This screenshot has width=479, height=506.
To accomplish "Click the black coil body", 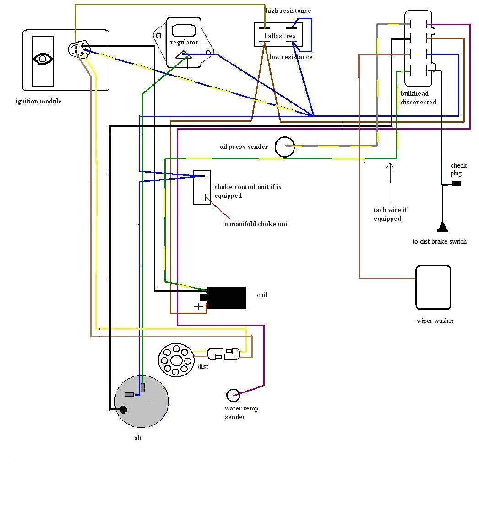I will (226, 298).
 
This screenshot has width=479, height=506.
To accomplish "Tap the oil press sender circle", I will (284, 147).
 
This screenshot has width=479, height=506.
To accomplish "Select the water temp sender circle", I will (233, 395).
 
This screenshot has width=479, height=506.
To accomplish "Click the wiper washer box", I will (433, 287).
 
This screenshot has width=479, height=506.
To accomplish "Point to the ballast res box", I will (278, 35).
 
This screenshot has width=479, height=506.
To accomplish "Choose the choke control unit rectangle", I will (201, 188).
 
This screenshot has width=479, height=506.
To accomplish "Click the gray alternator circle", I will (142, 401).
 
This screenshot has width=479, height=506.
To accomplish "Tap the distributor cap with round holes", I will (176, 360).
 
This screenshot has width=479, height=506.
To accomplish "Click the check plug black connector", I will (456, 184).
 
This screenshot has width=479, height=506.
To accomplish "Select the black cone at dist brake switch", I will (442, 227).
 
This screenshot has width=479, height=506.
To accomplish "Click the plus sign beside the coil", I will (198, 307).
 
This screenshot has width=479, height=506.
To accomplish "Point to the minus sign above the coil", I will (198, 283).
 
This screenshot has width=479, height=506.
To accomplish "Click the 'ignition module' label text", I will (38, 101).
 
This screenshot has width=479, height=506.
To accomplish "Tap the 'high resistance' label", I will (288, 11).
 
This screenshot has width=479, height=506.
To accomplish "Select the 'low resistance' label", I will (291, 57).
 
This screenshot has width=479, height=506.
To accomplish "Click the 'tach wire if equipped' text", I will (390, 214).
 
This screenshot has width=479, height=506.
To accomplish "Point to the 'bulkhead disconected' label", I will (418, 98).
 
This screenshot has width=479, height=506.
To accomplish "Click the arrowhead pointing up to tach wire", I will (390, 166).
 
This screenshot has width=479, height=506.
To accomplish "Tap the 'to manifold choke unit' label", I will (256, 224).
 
